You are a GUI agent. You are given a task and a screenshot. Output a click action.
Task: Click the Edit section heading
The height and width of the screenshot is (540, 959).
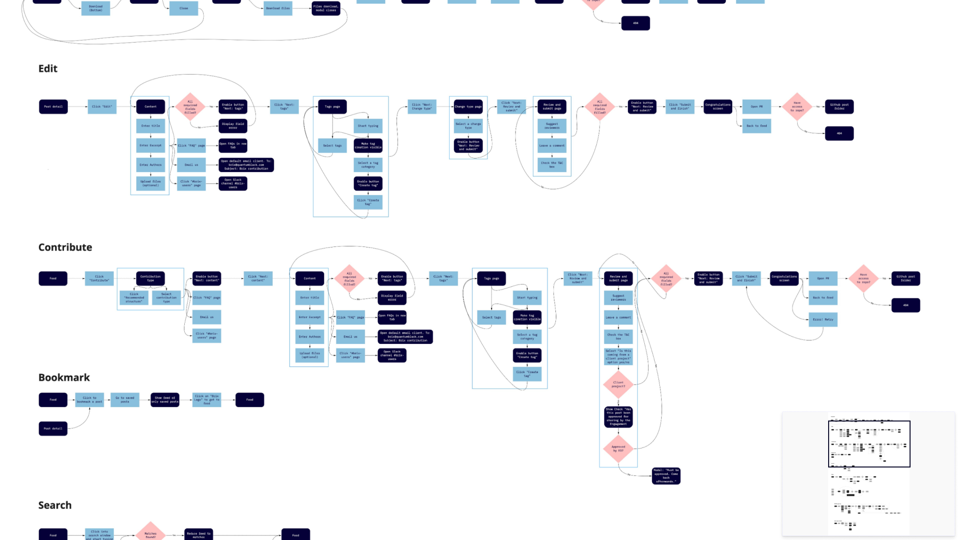(48, 68)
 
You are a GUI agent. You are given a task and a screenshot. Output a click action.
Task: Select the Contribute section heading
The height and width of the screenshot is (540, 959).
(65, 247)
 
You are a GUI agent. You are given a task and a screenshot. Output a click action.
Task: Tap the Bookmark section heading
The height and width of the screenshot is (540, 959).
(64, 377)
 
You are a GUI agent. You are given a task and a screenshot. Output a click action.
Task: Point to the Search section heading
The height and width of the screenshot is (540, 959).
(55, 505)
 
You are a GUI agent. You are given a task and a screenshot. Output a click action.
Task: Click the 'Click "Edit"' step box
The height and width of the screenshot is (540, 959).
(102, 106)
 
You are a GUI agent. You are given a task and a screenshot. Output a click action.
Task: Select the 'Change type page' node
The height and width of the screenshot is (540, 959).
(468, 106)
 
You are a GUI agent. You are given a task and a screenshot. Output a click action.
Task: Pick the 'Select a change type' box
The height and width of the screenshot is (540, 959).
(468, 125)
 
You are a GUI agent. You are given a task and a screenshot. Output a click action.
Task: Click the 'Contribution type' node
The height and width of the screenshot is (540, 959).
(150, 278)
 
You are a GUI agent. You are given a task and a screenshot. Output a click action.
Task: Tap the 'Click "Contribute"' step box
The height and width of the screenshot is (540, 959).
(99, 278)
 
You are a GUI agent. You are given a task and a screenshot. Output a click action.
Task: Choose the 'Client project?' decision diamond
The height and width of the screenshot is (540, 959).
(618, 384)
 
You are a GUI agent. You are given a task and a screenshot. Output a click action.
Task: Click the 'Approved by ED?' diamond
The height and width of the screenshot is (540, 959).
(618, 448)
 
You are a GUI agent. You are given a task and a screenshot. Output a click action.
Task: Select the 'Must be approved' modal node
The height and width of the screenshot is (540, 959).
(666, 475)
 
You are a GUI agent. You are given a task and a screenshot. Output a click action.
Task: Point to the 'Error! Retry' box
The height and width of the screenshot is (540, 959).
(823, 319)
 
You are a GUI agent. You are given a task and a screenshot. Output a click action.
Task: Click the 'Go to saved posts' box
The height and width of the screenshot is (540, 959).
(125, 399)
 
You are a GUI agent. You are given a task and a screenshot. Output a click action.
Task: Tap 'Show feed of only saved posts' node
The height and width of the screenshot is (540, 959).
(165, 399)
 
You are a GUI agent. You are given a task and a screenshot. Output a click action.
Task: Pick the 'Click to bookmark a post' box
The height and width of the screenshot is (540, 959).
(89, 399)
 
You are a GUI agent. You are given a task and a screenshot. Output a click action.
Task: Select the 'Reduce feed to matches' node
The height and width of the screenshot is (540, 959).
(199, 534)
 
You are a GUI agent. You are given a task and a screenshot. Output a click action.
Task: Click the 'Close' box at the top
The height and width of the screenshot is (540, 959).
(184, 8)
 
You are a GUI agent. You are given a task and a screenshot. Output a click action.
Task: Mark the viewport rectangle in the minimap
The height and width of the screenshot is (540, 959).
(869, 444)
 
